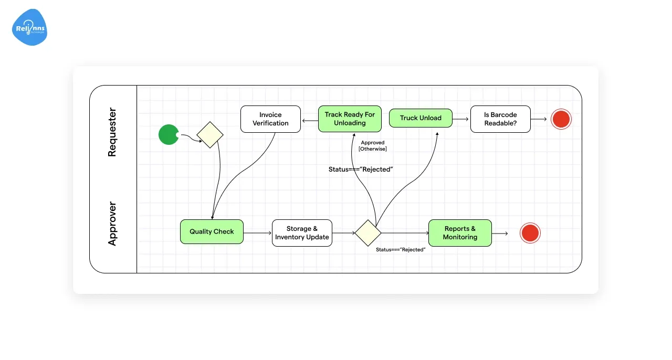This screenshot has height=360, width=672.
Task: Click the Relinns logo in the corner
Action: (x=30, y=27)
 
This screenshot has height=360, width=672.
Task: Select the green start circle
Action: (x=169, y=135)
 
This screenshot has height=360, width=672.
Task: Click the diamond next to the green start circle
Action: (x=210, y=135)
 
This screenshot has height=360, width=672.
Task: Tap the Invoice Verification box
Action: (x=270, y=119)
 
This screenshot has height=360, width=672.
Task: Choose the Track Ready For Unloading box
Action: (x=350, y=119)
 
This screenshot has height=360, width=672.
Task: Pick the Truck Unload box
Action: (x=421, y=118)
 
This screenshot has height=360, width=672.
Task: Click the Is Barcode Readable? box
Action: (x=500, y=119)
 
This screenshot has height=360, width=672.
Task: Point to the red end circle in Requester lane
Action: (x=561, y=119)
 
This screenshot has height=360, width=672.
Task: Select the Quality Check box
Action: (x=212, y=231)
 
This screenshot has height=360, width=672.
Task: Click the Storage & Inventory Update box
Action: (x=302, y=233)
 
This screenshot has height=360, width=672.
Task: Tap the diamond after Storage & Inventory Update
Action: (x=367, y=233)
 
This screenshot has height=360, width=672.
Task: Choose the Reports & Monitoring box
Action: (x=460, y=233)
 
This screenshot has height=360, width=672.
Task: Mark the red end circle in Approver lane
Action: (x=530, y=233)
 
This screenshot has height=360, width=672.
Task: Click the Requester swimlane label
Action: (x=112, y=133)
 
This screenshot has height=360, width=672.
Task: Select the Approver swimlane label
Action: (x=112, y=224)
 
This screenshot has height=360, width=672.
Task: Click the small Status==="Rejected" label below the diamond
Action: (x=401, y=250)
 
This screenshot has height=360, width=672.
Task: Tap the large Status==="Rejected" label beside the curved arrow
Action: (x=361, y=169)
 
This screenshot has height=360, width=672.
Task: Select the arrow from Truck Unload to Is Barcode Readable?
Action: (x=460, y=119)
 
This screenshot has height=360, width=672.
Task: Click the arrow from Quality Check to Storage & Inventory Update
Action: (x=257, y=233)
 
